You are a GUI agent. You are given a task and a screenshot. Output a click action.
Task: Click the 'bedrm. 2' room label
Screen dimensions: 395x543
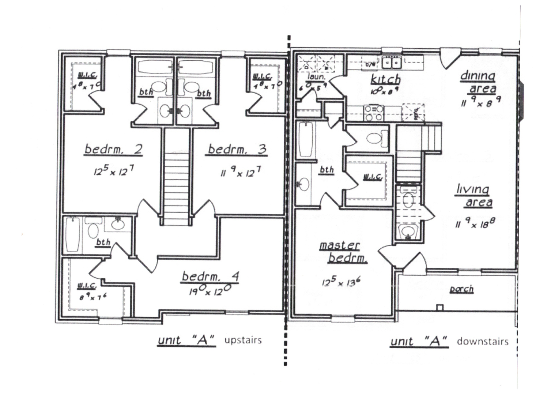tap(113, 150)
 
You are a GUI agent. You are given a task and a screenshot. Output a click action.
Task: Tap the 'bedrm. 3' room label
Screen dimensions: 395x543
tap(237, 150)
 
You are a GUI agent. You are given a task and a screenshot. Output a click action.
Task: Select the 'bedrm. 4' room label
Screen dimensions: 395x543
tap(210, 276)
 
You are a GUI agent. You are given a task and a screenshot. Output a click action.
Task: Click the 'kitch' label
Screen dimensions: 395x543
tap(385, 79)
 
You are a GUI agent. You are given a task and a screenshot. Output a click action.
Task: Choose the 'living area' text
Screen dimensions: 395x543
tap(475, 196)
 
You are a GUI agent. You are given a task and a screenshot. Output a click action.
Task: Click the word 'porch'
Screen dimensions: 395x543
tap(461, 289)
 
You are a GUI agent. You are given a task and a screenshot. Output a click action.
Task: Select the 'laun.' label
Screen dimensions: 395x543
tap(316, 77)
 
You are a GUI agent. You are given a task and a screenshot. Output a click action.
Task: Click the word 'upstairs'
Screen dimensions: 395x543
tap(243, 340)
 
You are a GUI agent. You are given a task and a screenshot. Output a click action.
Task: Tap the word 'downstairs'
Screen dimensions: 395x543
tap(482, 342)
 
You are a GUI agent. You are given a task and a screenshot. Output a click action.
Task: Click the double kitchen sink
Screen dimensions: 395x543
tap(391, 63)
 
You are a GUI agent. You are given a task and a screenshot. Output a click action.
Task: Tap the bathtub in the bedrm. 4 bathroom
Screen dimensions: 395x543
tap(73, 234)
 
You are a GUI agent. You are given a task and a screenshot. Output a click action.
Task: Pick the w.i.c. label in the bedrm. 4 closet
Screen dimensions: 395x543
tap(87, 286)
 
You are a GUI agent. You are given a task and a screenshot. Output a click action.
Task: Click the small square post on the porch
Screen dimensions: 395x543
tap(440, 308)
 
